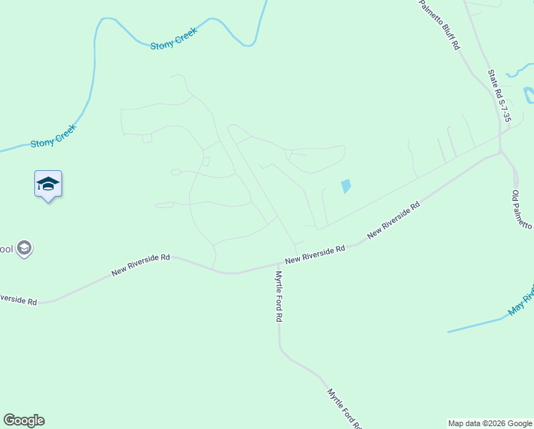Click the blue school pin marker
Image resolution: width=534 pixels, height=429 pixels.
point(48,184)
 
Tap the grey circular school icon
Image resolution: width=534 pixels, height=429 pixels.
point(24,249)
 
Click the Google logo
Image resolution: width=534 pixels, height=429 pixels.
point(24,420)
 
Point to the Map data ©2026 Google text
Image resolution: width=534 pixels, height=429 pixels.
point(490,423)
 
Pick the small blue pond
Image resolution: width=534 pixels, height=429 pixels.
point(346,186)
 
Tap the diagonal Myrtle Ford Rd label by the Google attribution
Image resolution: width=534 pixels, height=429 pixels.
point(344,408)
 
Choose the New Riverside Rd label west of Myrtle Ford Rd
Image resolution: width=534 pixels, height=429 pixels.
point(141,264)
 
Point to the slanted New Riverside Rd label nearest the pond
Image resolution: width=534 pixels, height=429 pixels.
point(393,220)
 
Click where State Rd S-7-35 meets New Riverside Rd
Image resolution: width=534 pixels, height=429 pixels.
point(500,152)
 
